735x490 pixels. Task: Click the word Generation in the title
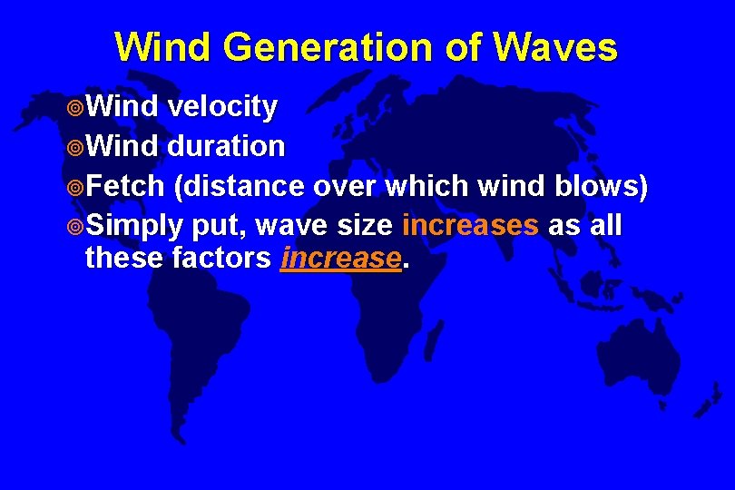tap(313, 47)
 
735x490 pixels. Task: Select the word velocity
tap(222, 108)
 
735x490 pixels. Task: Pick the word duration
tap(226, 146)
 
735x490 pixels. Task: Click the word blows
tap(600, 186)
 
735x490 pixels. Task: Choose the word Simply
tap(135, 224)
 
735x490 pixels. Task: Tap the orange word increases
tap(470, 224)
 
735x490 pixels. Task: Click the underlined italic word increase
tap(340, 259)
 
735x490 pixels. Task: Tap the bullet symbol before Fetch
tap(75, 187)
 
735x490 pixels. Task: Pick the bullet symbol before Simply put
tap(75, 225)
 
